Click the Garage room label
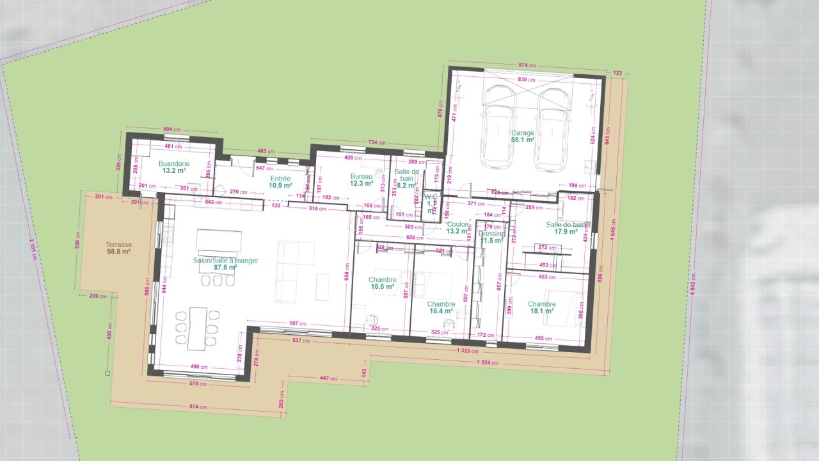pyautogui.click(x=522, y=133)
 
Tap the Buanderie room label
pyautogui.click(x=172, y=163)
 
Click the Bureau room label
pyautogui.click(x=361, y=176)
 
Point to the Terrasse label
pyautogui.click(x=118, y=245)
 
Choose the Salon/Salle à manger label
pyautogui.click(x=217, y=261)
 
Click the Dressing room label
pyautogui.click(x=492, y=234)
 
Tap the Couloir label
pyautogui.click(x=458, y=224)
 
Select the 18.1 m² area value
pyautogui.click(x=541, y=311)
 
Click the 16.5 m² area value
pyautogui.click(x=382, y=287)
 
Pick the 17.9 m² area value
pyautogui.click(x=565, y=232)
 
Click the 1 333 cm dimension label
pyautogui.click(x=470, y=352)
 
